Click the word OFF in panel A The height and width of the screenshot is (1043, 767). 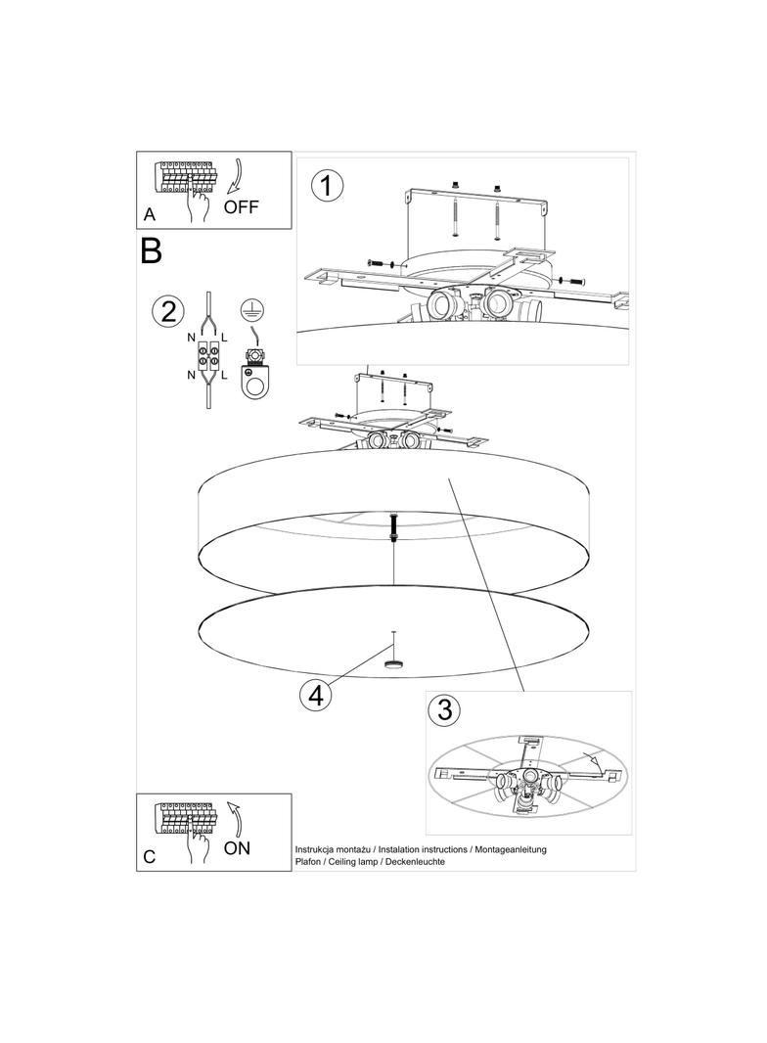pyautogui.click(x=241, y=206)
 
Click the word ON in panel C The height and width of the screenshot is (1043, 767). pyautogui.click(x=237, y=848)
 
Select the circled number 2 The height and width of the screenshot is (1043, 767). pyautogui.click(x=168, y=311)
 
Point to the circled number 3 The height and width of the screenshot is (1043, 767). pyautogui.click(x=444, y=709)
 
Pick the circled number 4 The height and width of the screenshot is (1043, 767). pyautogui.click(x=315, y=696)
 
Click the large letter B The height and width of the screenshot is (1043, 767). pyautogui.click(x=151, y=250)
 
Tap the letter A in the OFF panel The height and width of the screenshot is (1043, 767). pyautogui.click(x=150, y=214)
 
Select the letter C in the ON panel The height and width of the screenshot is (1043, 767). pyautogui.click(x=149, y=857)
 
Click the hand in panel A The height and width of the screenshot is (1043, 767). pyautogui.click(x=198, y=204)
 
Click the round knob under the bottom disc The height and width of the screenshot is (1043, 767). pyautogui.click(x=394, y=663)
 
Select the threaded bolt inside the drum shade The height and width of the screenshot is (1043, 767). pyautogui.click(x=394, y=527)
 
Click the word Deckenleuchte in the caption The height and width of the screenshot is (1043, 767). pyautogui.click(x=417, y=862)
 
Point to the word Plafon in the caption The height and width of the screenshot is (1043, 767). pyautogui.click(x=307, y=862)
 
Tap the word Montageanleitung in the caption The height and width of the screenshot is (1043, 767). pyautogui.click(x=511, y=849)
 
